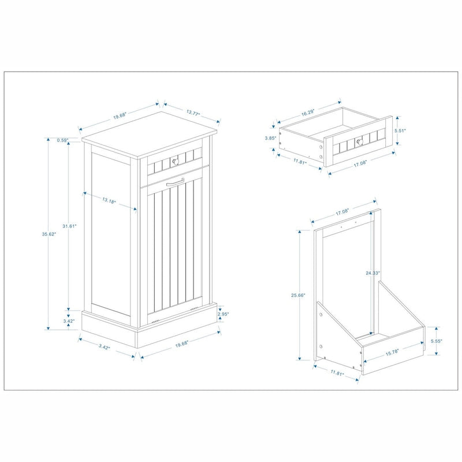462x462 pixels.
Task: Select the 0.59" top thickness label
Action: click(x=62, y=140)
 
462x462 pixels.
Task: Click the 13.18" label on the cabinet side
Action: click(x=108, y=202)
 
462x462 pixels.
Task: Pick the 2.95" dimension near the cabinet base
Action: click(x=223, y=314)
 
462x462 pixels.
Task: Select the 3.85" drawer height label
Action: click(x=269, y=138)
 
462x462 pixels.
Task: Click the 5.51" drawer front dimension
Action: click(x=400, y=131)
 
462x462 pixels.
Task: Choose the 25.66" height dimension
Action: click(x=299, y=295)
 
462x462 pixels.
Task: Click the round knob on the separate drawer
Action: click(x=358, y=140)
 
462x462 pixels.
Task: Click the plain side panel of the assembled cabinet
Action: click(x=111, y=231)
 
